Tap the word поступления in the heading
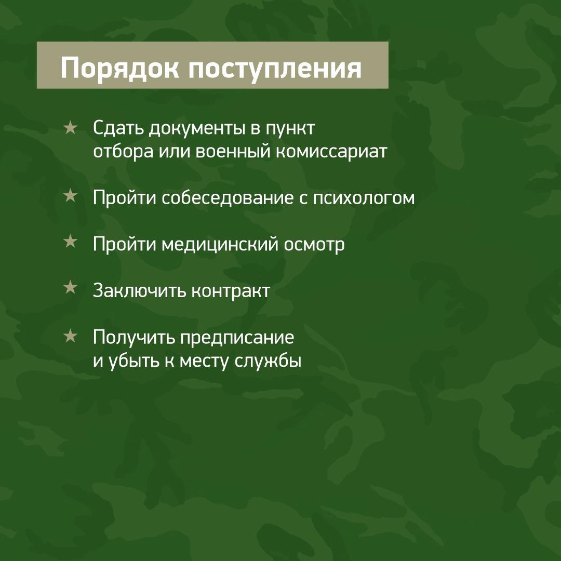point(275,69)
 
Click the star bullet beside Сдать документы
point(70,128)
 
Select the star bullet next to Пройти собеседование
point(70,196)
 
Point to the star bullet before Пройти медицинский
point(70,242)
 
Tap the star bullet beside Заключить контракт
point(70,287)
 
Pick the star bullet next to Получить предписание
point(70,336)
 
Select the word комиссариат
point(331,152)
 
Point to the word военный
point(234,151)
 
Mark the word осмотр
point(314,246)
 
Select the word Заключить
point(140,290)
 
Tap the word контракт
point(231,291)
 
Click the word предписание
point(237,338)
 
